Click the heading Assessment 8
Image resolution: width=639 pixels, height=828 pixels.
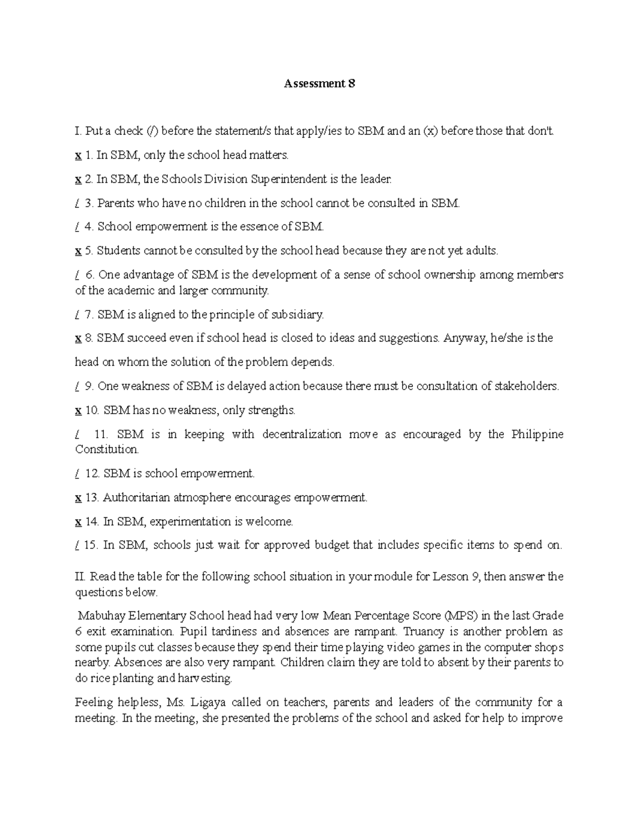319,84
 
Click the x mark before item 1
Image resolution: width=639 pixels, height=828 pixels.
78,156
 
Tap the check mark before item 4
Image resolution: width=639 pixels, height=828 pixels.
78,227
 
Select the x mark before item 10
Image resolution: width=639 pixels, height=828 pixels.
78,411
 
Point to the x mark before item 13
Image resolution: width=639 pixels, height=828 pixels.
78,498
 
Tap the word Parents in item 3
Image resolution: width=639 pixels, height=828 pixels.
116,203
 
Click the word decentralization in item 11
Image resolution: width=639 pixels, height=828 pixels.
301,434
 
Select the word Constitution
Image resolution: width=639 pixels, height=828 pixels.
107,449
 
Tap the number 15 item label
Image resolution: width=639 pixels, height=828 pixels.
91,545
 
